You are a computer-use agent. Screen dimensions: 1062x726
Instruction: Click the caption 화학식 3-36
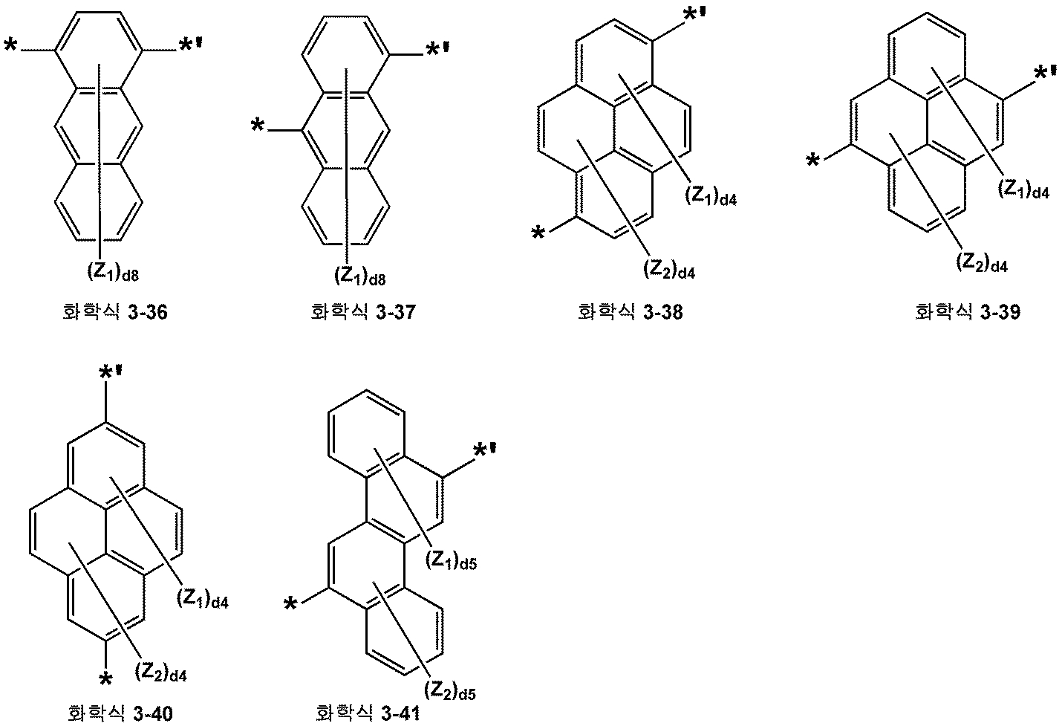[115, 312]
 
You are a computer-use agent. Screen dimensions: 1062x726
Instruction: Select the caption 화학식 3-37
[363, 312]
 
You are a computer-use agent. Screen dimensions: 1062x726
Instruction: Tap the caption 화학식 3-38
[631, 312]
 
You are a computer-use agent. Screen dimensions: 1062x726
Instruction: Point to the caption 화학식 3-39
[968, 312]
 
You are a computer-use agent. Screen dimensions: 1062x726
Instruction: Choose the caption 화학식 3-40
[120, 713]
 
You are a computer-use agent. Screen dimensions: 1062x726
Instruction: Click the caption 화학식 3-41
[368, 713]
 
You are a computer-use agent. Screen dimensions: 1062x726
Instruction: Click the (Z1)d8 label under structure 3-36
[113, 273]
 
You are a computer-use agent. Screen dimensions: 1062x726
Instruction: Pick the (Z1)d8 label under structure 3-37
[360, 276]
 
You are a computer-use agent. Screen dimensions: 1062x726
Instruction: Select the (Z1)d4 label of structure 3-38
[711, 196]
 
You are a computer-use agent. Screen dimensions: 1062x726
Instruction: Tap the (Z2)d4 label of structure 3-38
[669, 270]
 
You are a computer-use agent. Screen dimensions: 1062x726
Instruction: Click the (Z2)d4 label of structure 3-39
[981, 263]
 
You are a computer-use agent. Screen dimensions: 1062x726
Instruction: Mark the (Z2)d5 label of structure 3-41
[450, 691]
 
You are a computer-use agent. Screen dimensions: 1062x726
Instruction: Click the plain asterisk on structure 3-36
[10, 47]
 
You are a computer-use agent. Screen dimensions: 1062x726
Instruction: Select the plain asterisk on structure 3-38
[538, 233]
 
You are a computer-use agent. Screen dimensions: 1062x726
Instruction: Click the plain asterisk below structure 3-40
[105, 679]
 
